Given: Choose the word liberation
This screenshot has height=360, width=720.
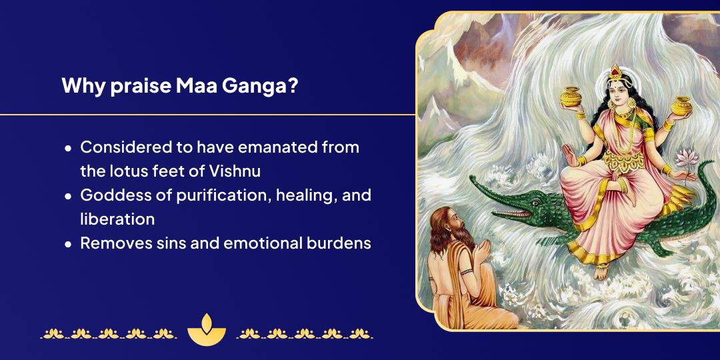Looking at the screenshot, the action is (x=117, y=219).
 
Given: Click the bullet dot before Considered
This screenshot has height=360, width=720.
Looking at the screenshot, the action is (x=69, y=148).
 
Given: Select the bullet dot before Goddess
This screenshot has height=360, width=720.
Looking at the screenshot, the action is (x=69, y=196).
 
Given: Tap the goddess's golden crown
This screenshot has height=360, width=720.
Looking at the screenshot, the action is (x=615, y=73).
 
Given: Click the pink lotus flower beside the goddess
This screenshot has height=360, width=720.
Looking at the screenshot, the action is (x=687, y=159).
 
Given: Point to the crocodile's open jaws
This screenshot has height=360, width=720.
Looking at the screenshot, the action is (x=507, y=212).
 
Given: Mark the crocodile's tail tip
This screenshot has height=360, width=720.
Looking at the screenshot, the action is (x=712, y=163).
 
